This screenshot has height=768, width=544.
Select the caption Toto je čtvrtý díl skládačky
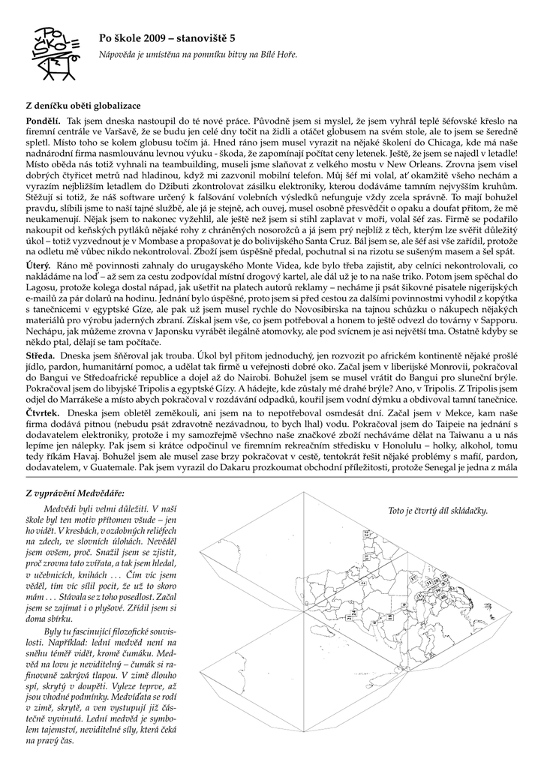(x=437, y=511)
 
